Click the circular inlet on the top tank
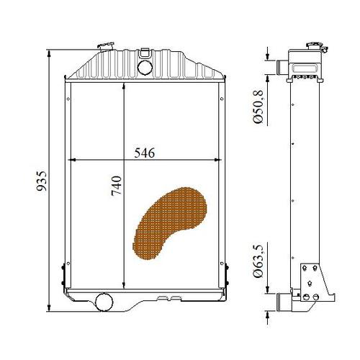(143, 67)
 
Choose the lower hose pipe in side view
(279, 301)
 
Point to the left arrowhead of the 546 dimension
(70, 159)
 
